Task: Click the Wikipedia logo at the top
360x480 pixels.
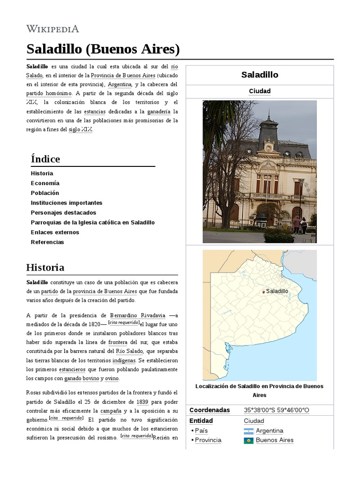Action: click(x=52, y=29)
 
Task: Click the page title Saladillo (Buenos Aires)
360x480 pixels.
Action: click(x=103, y=49)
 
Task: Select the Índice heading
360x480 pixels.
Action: click(x=45, y=159)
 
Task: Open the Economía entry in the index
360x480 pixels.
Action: click(x=45, y=183)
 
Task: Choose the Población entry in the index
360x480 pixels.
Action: click(x=45, y=193)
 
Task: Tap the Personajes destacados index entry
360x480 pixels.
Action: click(x=63, y=213)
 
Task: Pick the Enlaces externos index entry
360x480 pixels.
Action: click(x=55, y=232)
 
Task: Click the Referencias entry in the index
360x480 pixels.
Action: click(x=47, y=242)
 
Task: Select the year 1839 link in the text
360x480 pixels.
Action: click(x=143, y=402)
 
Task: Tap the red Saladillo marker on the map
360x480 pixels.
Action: click(x=263, y=292)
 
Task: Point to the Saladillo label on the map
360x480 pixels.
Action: click(x=277, y=291)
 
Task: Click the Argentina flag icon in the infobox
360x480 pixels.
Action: click(x=248, y=431)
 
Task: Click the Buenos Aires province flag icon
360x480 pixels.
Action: click(x=248, y=441)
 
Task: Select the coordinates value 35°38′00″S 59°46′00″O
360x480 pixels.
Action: click(x=277, y=410)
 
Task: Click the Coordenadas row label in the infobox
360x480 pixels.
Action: click(x=210, y=410)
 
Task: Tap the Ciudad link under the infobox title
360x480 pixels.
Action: click(x=260, y=91)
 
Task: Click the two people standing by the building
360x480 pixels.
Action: click(x=300, y=225)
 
